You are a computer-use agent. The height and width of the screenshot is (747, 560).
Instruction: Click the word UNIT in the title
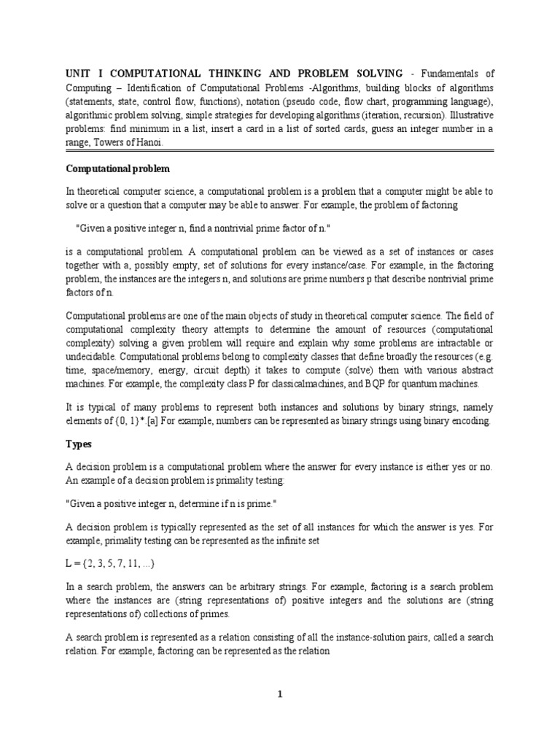pos(78,73)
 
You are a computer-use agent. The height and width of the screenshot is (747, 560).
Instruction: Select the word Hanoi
pos(146,143)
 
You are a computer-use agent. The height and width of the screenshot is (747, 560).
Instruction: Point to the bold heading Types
pos(79,443)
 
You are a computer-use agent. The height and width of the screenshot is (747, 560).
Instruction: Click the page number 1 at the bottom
pos(279,694)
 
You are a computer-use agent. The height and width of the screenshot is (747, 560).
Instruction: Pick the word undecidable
pos(91,357)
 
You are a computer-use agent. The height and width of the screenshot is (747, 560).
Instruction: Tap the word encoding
pos(470,421)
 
